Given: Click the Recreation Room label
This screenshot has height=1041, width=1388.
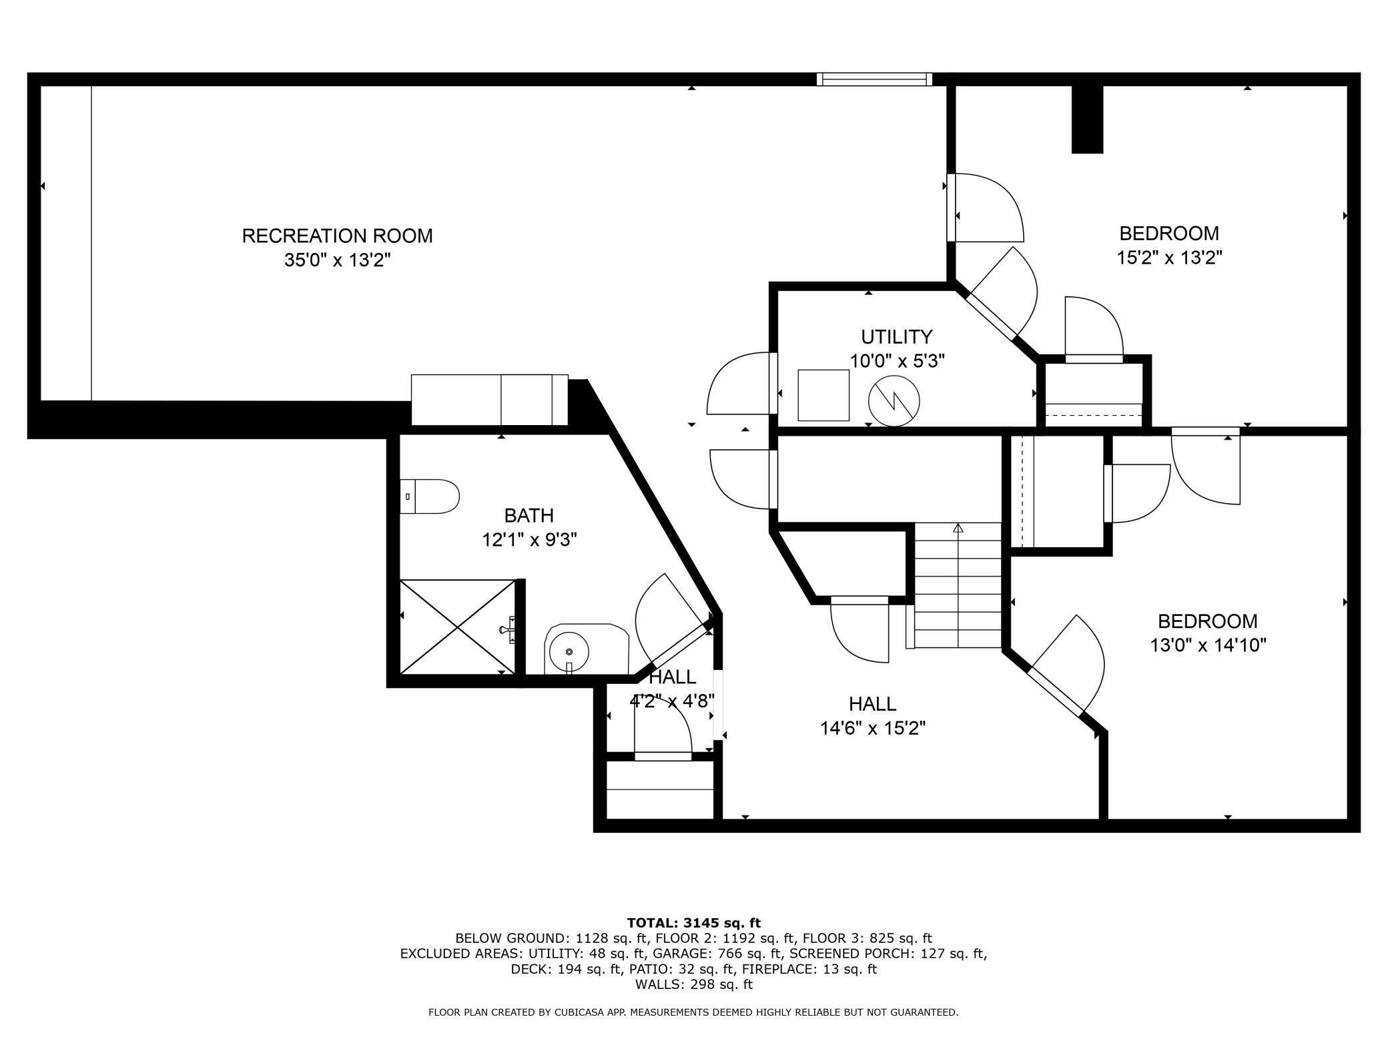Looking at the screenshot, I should [x=337, y=236].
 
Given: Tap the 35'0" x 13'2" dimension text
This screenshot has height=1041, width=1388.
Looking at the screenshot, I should [x=337, y=260].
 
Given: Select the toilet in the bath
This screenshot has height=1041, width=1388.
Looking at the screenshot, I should [x=430, y=496].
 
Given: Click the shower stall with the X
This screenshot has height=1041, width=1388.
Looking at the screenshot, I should [x=458, y=627].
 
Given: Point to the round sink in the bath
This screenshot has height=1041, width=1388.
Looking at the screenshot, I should [x=569, y=651].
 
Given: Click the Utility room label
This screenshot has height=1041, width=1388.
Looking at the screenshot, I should [x=896, y=336].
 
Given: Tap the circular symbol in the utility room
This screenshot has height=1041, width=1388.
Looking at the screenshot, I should [x=894, y=401].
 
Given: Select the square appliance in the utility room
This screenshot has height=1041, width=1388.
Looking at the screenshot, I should [x=823, y=395].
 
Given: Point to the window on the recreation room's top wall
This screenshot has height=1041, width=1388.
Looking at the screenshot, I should [x=874, y=79].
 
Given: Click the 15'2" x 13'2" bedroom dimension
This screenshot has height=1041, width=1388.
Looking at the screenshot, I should [x=1169, y=258].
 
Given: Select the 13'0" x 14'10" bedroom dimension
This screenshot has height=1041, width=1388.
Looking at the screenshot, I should [x=1208, y=645].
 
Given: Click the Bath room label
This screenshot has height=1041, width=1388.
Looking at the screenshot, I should [x=529, y=515].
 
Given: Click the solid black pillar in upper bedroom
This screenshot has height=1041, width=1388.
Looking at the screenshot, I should [x=1087, y=120].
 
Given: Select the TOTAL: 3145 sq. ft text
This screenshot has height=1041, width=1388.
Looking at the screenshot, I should [x=693, y=923].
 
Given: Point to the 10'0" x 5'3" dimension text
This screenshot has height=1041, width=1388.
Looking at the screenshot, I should [x=897, y=361].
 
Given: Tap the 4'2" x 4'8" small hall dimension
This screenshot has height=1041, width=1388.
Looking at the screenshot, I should [x=672, y=701].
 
